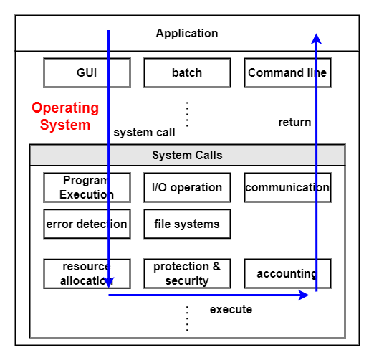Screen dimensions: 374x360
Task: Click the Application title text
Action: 187,34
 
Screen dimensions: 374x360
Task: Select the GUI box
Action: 87,72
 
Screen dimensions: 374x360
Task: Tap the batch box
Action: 187,72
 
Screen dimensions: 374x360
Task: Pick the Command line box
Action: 287,72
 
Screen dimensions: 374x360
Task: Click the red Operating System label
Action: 65,116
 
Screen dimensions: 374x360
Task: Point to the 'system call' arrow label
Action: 144,133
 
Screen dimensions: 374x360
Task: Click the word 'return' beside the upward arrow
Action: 294,123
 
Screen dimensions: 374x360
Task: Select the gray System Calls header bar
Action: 187,155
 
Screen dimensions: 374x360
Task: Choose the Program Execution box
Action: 87,187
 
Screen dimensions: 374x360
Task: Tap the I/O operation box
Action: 187,187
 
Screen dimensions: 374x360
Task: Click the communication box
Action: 287,187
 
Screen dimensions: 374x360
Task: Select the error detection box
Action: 87,224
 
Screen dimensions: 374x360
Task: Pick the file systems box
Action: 187,224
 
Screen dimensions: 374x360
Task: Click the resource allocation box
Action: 87,274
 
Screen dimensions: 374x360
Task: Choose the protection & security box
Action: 187,274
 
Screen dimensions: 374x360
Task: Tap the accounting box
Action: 287,274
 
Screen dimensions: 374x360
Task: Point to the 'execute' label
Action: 231,310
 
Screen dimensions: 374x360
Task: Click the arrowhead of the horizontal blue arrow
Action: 304,295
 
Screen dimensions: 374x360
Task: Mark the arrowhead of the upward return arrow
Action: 316,39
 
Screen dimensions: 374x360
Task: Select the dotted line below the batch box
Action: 187,114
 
